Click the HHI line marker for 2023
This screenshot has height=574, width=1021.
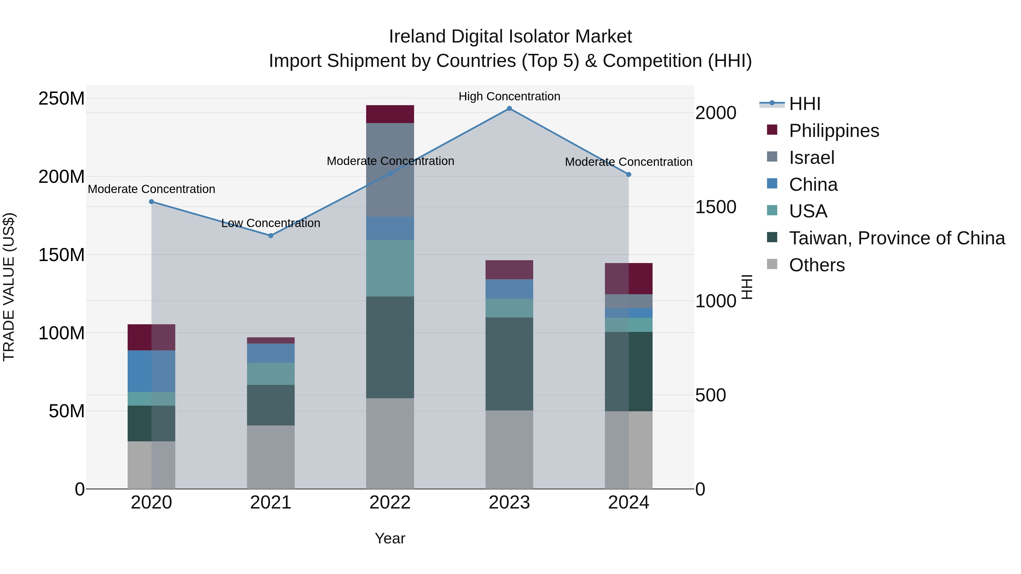(509, 109)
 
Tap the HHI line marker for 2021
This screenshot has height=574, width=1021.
(271, 236)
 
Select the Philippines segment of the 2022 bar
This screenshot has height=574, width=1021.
(390, 114)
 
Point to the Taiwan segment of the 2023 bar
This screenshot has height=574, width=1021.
(509, 364)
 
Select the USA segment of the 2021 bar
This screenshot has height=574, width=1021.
(271, 374)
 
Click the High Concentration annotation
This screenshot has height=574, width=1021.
(509, 96)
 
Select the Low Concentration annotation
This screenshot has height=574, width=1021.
(271, 223)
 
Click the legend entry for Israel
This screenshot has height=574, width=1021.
(811, 158)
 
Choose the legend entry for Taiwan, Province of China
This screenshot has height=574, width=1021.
(896, 238)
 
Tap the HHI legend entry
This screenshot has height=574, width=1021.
(804, 104)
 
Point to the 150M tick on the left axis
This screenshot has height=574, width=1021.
(62, 255)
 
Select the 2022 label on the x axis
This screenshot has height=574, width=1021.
(390, 503)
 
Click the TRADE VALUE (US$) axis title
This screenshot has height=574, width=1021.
(9, 287)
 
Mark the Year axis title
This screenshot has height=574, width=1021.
(390, 538)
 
